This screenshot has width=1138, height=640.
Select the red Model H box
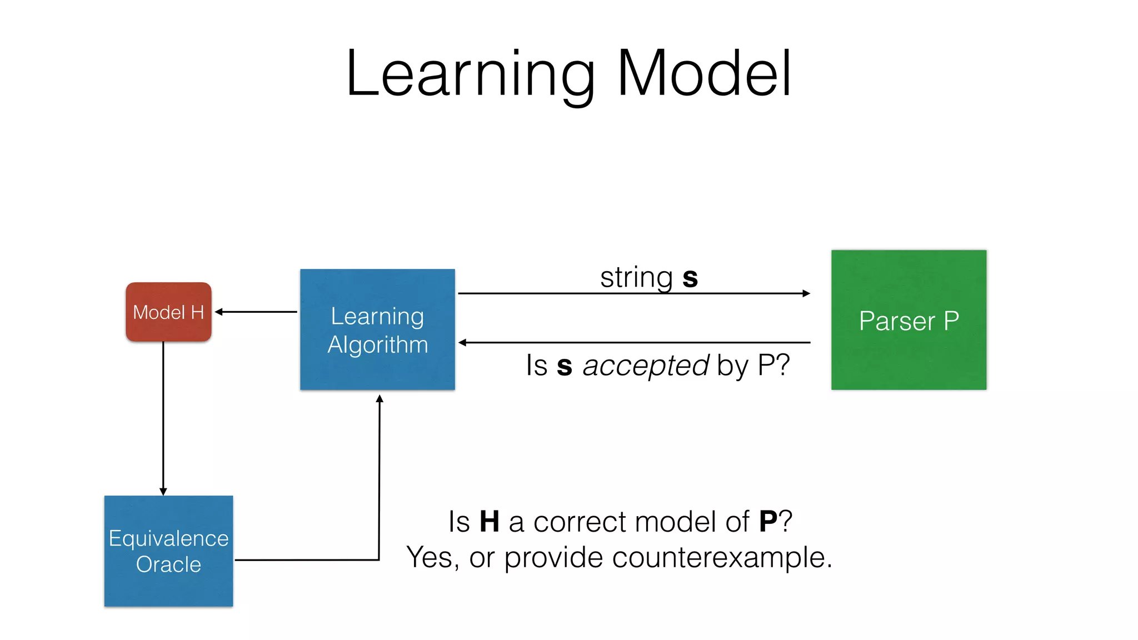168,312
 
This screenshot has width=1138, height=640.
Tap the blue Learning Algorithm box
377,329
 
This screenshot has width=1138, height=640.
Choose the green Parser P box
909,320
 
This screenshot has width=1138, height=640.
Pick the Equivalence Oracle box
168,551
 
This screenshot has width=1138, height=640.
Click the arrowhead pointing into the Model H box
218,312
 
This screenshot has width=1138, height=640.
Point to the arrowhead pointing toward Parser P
806,293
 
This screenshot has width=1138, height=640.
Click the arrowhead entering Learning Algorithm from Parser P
462,343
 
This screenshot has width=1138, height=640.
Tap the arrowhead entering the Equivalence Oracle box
163,492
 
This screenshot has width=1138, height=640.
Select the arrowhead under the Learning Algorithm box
380,398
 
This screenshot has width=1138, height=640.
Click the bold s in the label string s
690,278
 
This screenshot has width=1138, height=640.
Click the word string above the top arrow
636,278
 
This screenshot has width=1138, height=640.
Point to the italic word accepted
645,366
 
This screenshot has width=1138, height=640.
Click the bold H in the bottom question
489,522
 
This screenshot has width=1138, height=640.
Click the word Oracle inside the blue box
168,564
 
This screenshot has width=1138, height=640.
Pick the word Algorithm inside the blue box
377,344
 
